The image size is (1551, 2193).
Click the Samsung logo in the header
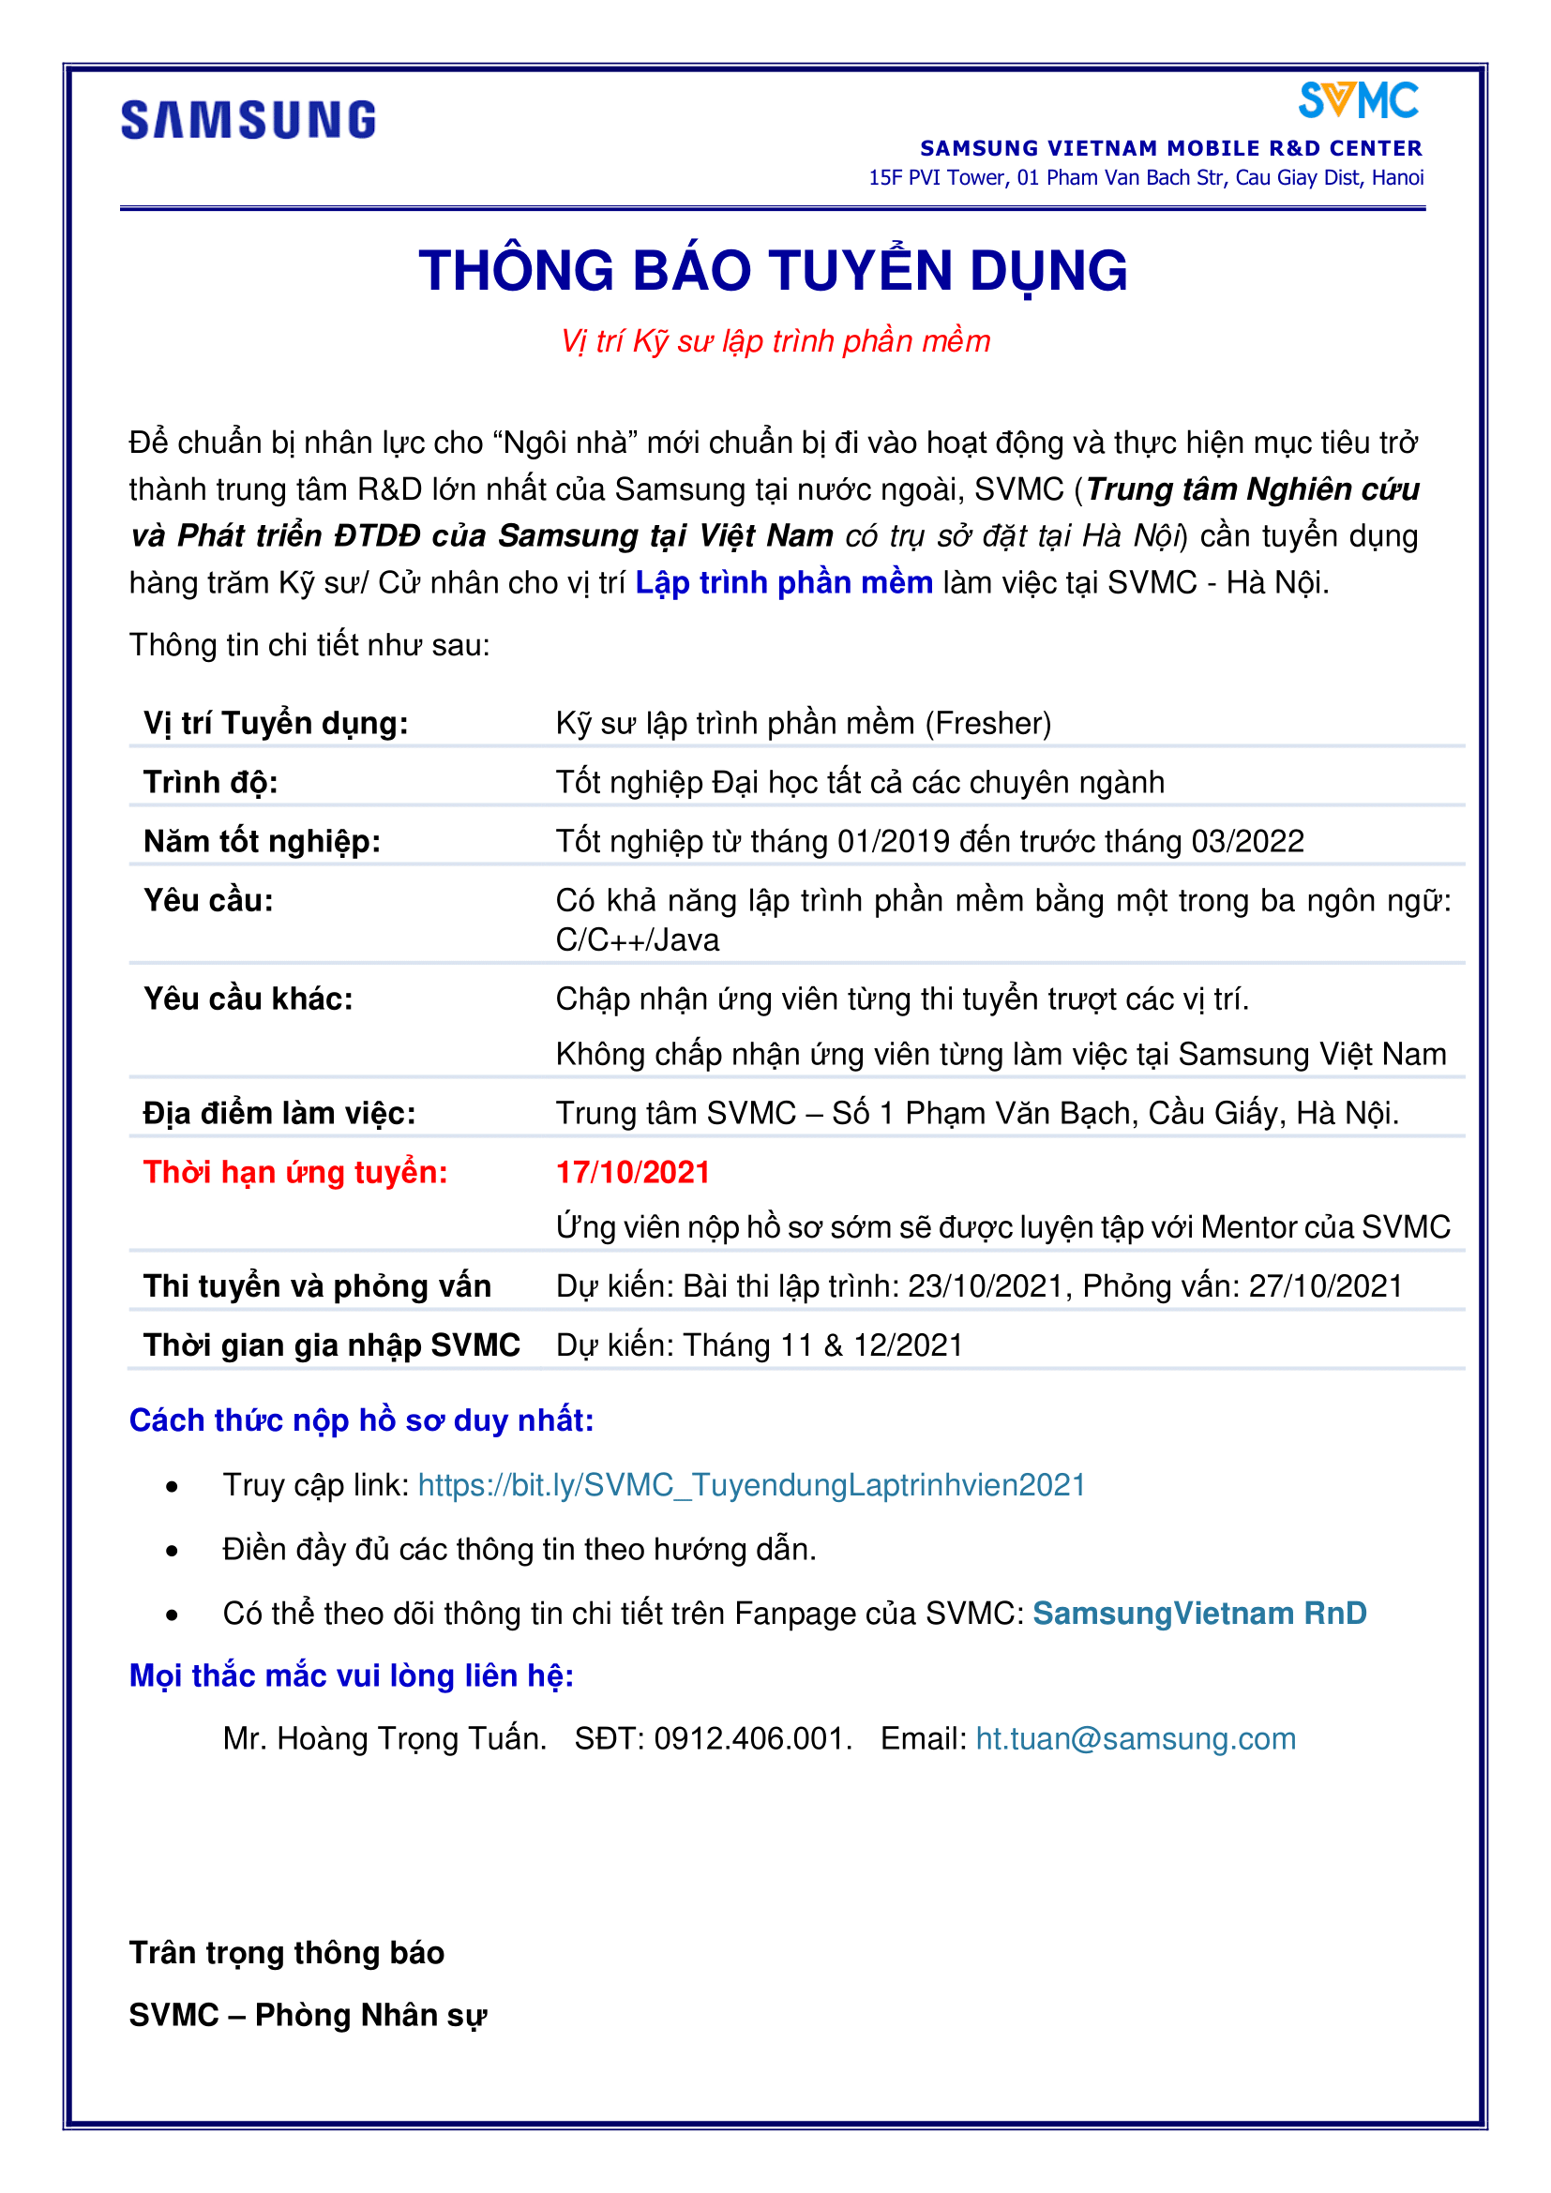[248, 120]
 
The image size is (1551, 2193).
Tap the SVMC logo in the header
[1358, 101]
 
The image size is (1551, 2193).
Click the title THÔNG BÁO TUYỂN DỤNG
[774, 270]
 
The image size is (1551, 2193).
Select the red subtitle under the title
[775, 341]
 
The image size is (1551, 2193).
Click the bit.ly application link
[752, 1485]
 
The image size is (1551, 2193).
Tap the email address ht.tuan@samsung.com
[1136, 1738]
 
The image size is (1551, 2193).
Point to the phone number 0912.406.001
[752, 1738]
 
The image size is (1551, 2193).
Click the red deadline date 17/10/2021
[633, 1172]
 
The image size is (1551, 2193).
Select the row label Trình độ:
[211, 782]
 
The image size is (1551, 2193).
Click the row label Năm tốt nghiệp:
[263, 841]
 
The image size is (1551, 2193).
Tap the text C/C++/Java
[638, 939]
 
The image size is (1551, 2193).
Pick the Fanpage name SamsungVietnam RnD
[1199, 1614]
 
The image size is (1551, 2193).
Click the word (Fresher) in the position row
[988, 723]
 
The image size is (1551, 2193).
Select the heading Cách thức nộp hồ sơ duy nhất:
[362, 1420]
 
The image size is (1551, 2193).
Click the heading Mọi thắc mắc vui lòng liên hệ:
[352, 1675]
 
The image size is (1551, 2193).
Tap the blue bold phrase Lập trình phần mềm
[784, 582]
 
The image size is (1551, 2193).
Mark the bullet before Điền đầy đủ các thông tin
[172, 1551]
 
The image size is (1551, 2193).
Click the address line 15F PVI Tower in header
[1146, 177]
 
